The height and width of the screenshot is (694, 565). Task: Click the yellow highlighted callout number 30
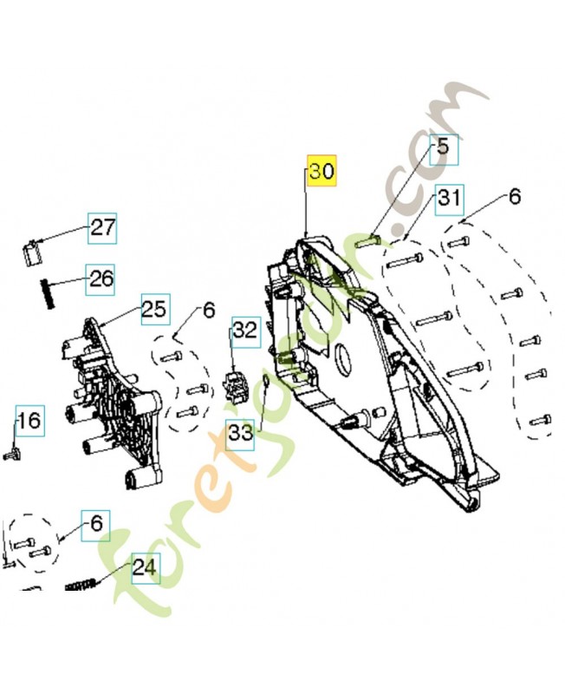click(x=321, y=172)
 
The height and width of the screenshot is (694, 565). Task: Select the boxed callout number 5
click(x=442, y=147)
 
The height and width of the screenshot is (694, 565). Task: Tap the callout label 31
click(x=448, y=198)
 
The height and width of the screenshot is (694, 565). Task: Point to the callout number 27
click(x=102, y=228)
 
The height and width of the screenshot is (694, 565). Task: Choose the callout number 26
click(x=101, y=279)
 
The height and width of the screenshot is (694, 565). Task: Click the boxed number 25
click(x=153, y=309)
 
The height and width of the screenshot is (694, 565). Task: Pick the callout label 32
click(x=245, y=330)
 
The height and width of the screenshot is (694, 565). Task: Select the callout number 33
click(x=241, y=432)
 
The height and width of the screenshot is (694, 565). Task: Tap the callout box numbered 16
click(x=28, y=422)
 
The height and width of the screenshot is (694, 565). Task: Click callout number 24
click(x=145, y=568)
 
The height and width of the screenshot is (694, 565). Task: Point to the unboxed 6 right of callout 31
click(x=514, y=197)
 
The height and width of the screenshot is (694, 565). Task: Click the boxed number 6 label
click(x=96, y=522)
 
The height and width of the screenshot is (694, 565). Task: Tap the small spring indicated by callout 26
click(x=49, y=291)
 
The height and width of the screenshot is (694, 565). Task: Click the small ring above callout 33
click(x=269, y=383)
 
